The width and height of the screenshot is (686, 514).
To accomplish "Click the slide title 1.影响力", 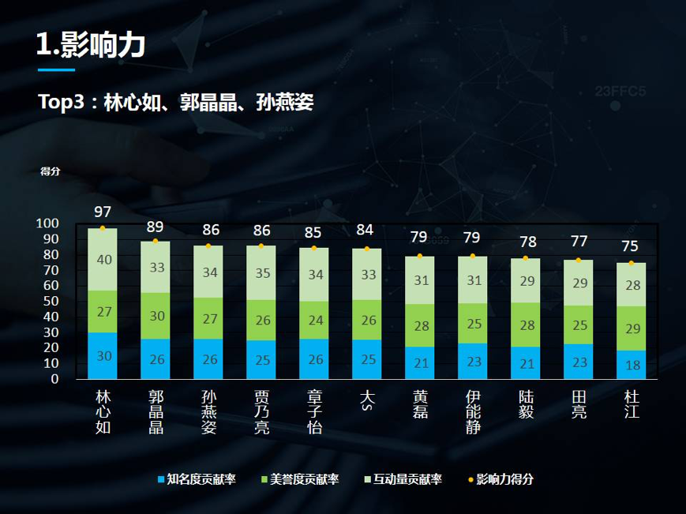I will tap(91, 45).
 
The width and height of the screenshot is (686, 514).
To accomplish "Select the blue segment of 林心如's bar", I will tap(103, 356).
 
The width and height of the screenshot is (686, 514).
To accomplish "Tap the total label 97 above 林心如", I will tap(103, 212).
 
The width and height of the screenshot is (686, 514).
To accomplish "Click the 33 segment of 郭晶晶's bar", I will tap(156, 267).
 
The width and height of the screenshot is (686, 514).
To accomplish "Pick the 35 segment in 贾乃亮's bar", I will tap(261, 272).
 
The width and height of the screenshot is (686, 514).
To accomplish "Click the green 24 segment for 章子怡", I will tap(314, 321).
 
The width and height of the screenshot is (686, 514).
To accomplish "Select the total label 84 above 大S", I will tap(366, 231).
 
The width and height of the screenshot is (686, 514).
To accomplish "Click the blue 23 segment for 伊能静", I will tap(472, 361).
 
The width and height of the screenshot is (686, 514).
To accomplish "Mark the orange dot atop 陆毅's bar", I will tap(525, 258).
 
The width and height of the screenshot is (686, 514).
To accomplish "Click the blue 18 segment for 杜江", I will tap(631, 365).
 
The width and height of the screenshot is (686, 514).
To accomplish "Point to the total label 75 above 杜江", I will tap(631, 246).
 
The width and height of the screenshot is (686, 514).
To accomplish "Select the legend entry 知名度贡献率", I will tap(197, 479).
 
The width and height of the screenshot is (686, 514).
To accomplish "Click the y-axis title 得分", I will tap(50, 171).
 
